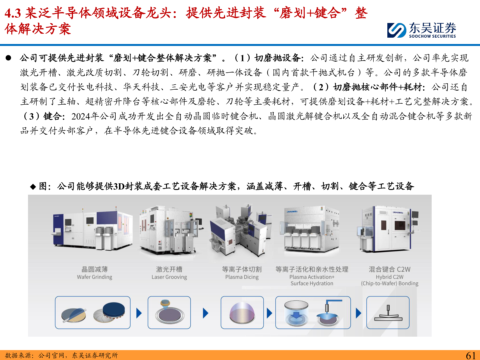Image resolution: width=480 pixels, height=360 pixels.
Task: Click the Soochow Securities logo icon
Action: [x=396, y=30]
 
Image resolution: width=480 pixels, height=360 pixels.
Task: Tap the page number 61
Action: [x=471, y=355]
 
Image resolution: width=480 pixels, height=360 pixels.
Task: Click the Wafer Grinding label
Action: [x=94, y=277]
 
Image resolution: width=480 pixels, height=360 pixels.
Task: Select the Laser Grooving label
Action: [x=169, y=277]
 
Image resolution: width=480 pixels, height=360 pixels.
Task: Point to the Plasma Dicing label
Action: [x=242, y=277]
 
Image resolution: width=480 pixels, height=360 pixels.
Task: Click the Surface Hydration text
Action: [x=312, y=283]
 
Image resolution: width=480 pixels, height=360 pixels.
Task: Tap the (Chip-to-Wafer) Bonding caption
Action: [x=389, y=283]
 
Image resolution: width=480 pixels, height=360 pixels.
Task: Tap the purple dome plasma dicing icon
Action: [x=242, y=313]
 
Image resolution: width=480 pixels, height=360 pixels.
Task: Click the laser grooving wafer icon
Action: [x=169, y=312]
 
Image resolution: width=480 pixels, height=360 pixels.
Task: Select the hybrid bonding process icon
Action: [x=388, y=313]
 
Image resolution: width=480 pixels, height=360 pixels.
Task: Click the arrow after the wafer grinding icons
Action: [x=139, y=313]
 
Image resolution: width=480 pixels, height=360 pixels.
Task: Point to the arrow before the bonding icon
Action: [x=358, y=313]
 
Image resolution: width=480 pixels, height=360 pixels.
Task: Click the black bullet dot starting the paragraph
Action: [x=8, y=58]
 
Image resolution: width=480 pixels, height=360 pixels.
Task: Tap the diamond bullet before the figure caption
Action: [x=33, y=187]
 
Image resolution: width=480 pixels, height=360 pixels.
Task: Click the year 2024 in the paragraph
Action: [x=81, y=116]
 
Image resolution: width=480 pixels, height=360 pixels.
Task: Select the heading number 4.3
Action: [x=13, y=13]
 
